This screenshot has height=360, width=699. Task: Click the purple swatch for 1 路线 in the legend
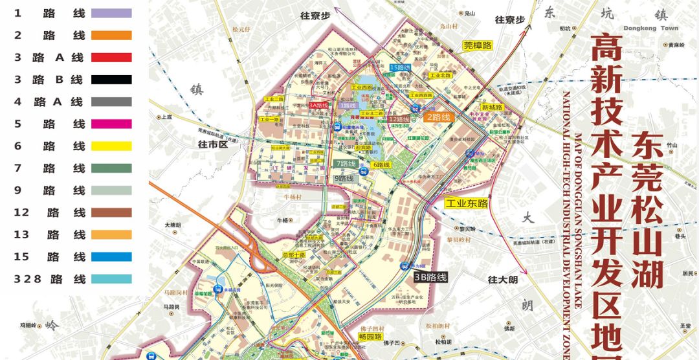(x=111, y=13)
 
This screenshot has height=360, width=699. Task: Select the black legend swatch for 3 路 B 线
(x=111, y=80)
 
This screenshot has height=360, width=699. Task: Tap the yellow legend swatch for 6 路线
(x=111, y=146)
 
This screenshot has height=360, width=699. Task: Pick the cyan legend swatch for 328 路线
(x=111, y=279)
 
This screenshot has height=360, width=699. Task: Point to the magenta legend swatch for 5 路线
(x=111, y=124)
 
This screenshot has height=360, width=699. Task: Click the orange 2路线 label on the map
(x=438, y=117)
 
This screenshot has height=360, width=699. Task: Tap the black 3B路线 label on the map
(x=430, y=277)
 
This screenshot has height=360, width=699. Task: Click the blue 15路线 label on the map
(x=399, y=67)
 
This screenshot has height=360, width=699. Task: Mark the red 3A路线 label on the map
(x=318, y=104)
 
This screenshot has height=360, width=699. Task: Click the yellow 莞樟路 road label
(x=478, y=45)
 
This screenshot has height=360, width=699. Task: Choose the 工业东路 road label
(x=466, y=203)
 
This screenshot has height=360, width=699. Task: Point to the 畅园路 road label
(x=371, y=337)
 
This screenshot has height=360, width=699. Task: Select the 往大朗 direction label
(x=503, y=280)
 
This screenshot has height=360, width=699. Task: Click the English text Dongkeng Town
(x=651, y=28)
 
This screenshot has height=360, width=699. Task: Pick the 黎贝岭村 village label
(x=458, y=240)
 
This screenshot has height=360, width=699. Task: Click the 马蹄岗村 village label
(x=173, y=293)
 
